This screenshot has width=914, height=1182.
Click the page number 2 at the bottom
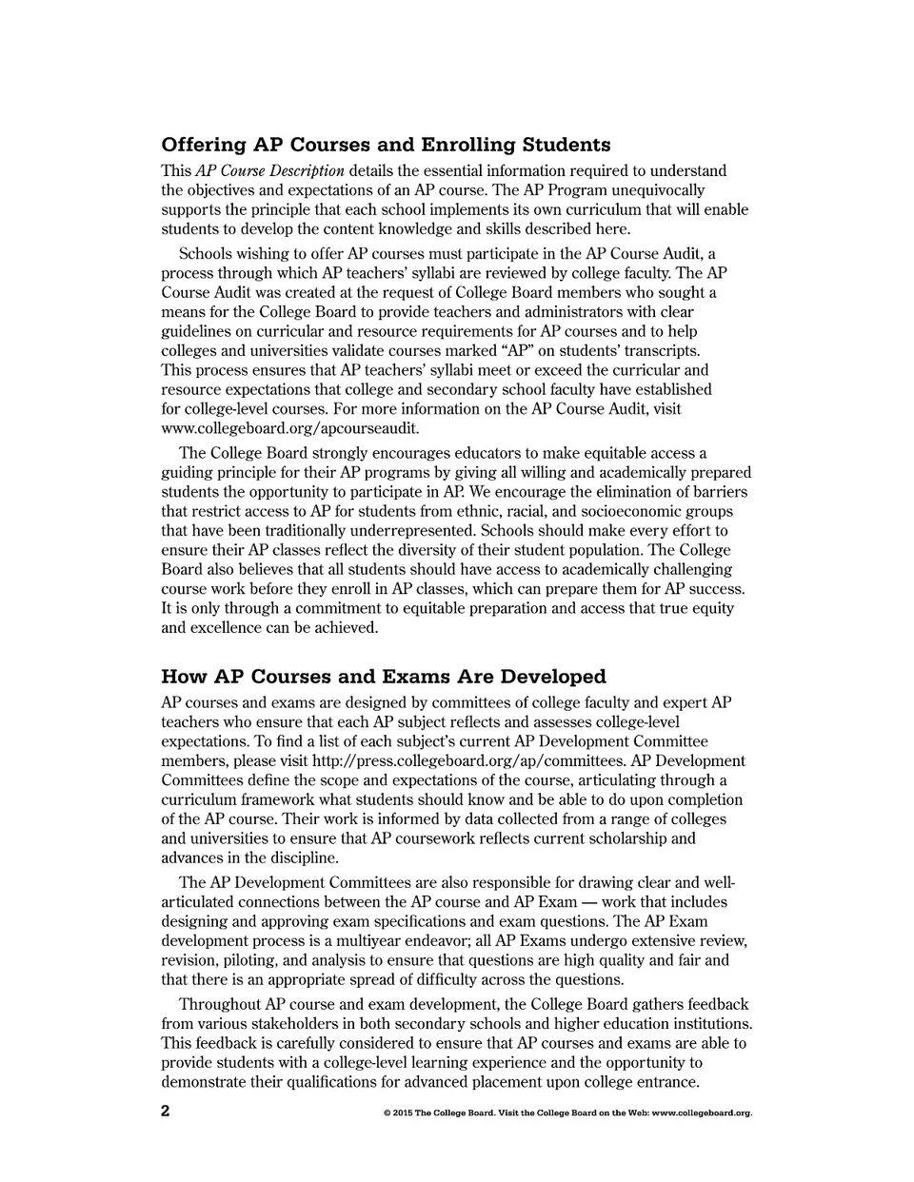pos(166,1111)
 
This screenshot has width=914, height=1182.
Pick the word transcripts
pos(637,351)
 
